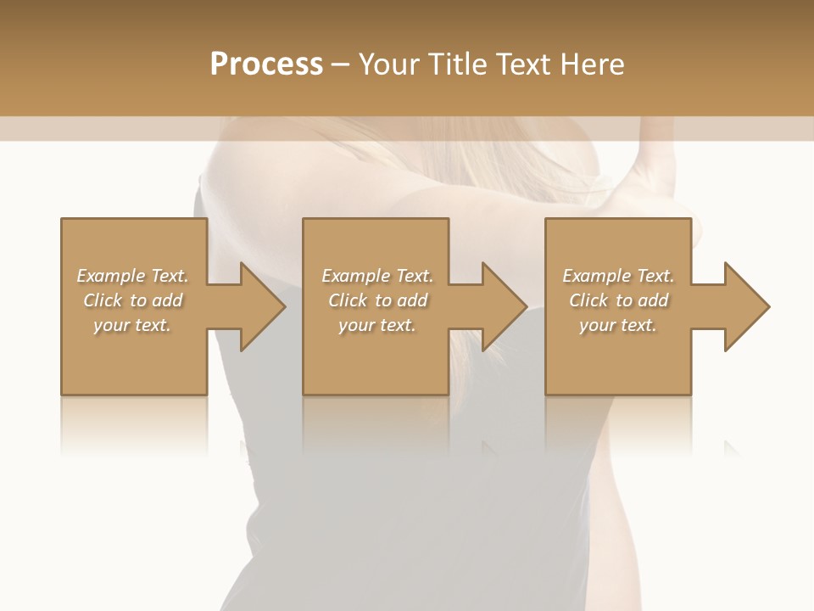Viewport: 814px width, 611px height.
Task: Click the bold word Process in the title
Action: tap(266, 64)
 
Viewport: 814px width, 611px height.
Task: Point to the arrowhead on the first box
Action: tap(261, 306)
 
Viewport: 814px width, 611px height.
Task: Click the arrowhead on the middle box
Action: tap(503, 306)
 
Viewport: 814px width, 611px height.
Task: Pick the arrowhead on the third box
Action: tap(745, 306)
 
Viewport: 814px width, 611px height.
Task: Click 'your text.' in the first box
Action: tap(132, 325)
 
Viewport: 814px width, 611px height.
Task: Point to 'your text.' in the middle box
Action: tap(376, 325)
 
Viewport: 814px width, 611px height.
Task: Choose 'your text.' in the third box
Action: tap(617, 325)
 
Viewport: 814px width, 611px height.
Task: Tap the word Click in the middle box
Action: tap(348, 300)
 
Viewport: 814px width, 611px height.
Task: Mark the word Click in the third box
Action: tap(588, 300)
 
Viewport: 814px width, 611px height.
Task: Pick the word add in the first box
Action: tap(166, 300)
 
